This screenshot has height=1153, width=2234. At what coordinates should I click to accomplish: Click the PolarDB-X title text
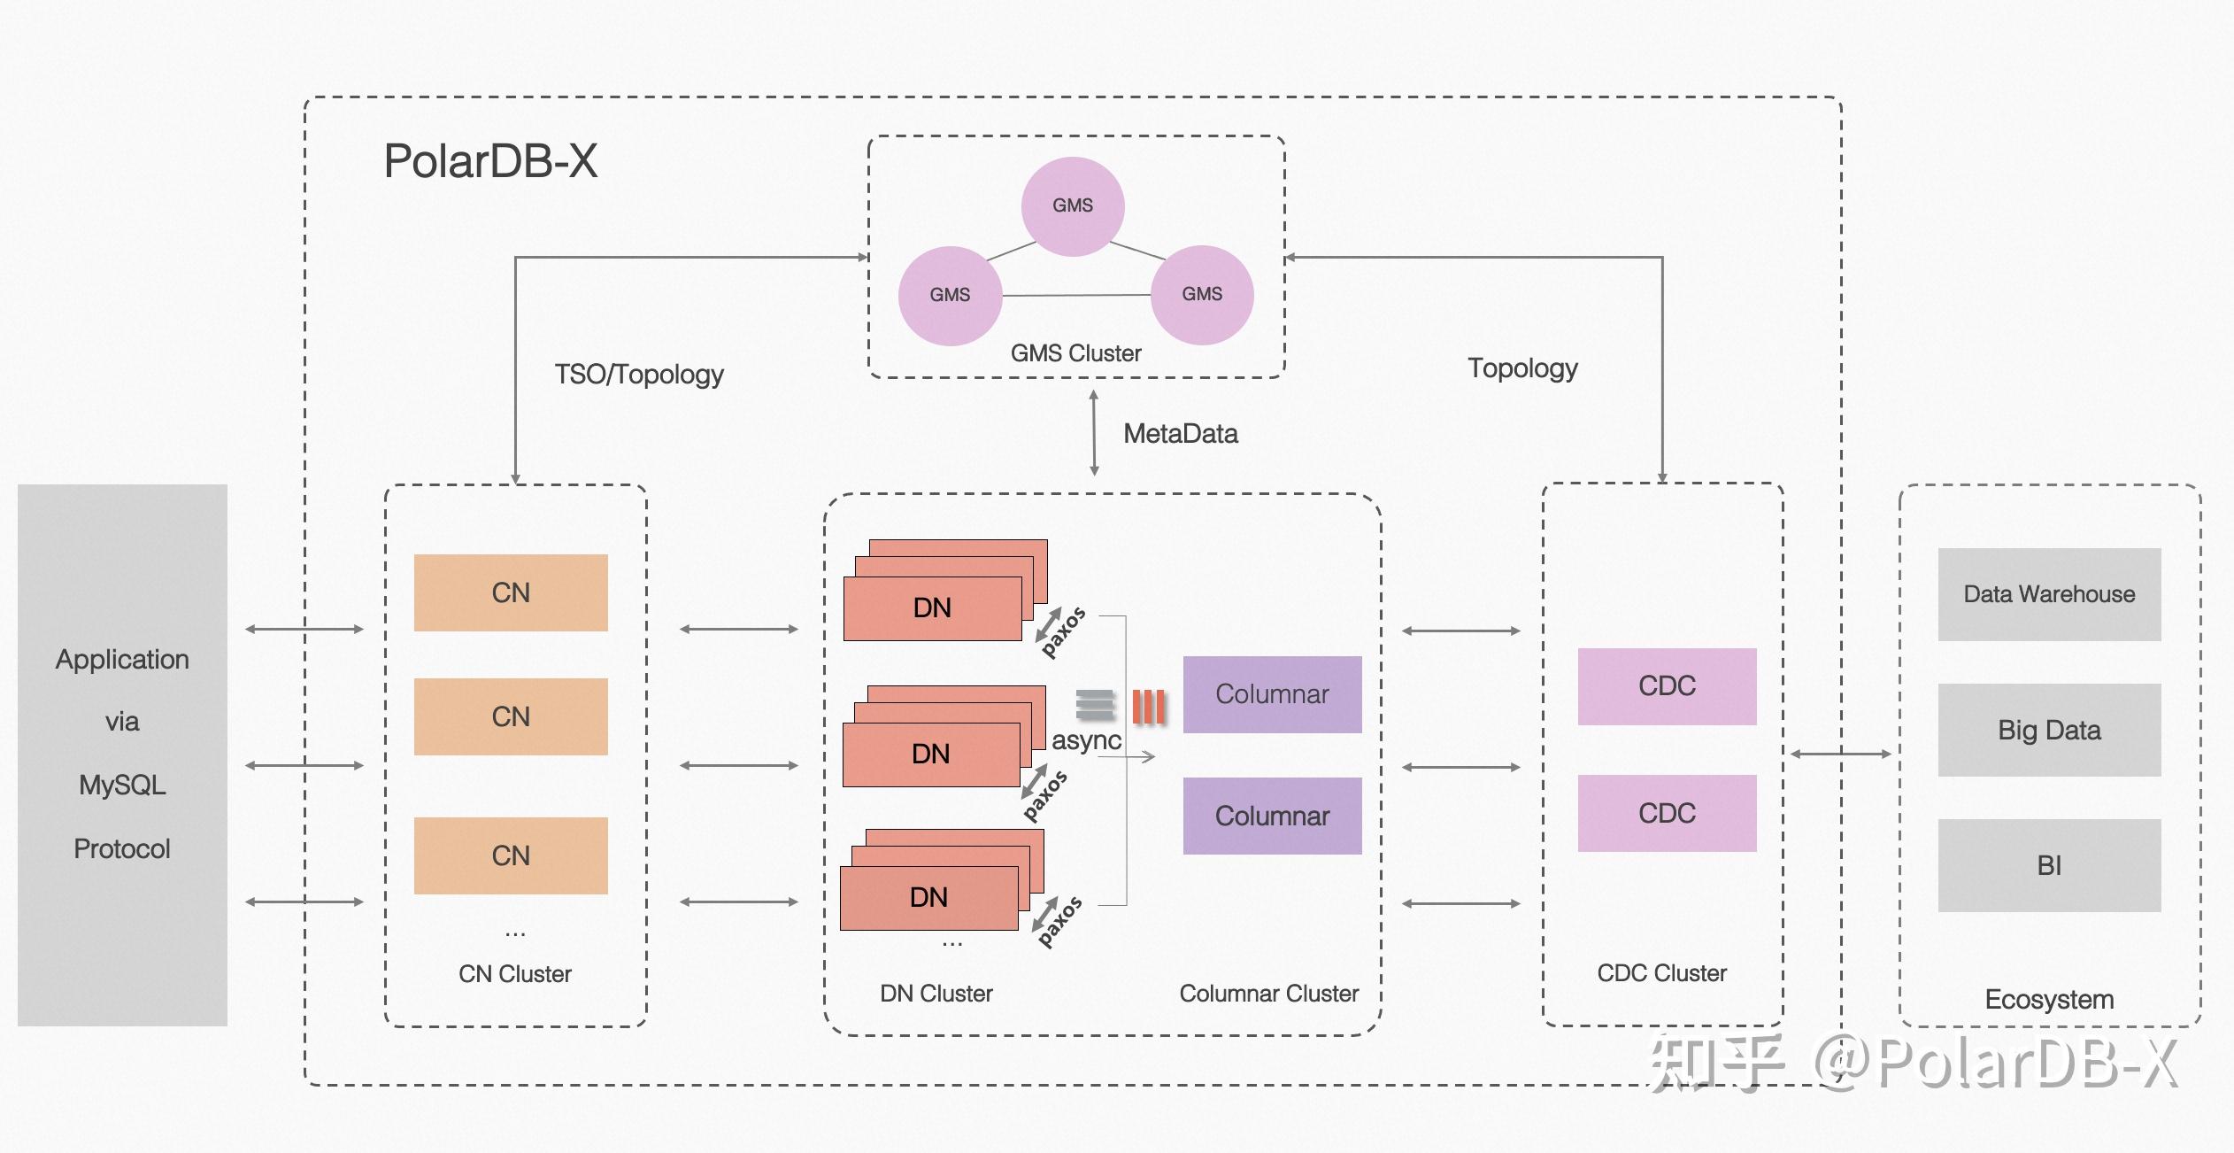[x=490, y=161]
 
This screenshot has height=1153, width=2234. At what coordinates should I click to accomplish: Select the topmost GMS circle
[x=1073, y=205]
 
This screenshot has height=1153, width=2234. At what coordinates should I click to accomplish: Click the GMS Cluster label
[x=1075, y=353]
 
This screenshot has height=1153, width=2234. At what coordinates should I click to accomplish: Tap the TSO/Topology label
[x=639, y=375]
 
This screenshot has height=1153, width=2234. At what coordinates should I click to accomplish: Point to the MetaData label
[x=1180, y=434]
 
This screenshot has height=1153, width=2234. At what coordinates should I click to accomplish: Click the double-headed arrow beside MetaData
[x=1094, y=433]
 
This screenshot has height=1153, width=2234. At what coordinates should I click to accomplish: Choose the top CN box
[x=511, y=592]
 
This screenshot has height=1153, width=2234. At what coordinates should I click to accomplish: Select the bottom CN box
[x=511, y=855]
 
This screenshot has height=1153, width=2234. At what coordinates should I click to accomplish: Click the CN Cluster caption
[x=514, y=974]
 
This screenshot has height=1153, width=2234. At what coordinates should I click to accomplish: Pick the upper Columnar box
[x=1272, y=694]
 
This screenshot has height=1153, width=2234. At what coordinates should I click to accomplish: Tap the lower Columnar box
[x=1272, y=816]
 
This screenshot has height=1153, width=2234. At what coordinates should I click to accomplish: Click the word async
[x=1086, y=740]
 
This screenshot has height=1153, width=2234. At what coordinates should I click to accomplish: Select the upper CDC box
[x=1667, y=686]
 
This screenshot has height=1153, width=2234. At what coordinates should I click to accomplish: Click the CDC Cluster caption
[x=1661, y=973]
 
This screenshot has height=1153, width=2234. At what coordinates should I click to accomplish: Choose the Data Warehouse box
[x=2049, y=594]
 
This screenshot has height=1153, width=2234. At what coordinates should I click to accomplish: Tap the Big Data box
[x=2049, y=730]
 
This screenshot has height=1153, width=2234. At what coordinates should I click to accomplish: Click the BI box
[x=2049, y=865]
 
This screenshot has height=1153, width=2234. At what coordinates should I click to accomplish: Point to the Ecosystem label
[x=2049, y=1000]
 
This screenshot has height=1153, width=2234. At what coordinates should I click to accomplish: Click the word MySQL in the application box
[x=122, y=785]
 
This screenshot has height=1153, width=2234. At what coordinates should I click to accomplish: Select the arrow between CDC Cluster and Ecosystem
[x=1841, y=754]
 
